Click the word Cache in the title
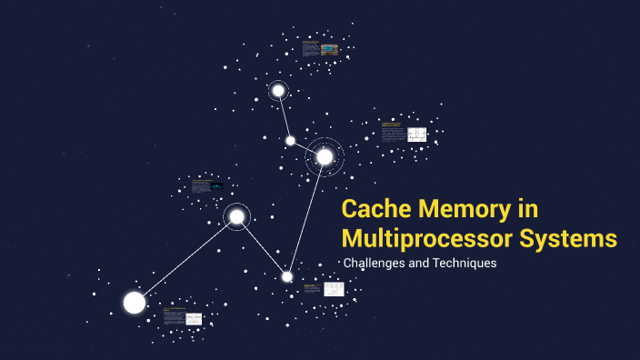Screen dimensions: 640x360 pos(375,210)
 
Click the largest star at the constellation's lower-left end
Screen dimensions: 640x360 pos(135,303)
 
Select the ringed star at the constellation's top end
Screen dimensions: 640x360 pos(278,91)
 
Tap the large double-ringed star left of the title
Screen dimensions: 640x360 pos(325,156)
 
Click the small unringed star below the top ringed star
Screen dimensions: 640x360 pos(290,140)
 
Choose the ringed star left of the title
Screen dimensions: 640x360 pos(237,216)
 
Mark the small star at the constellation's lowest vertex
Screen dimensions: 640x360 pos(287,276)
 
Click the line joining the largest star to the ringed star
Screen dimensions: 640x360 pos(185,260)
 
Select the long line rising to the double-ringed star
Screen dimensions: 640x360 pos(306,215)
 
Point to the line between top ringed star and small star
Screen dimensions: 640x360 pos(284,115)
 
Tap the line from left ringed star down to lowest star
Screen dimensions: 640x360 pos(262,246)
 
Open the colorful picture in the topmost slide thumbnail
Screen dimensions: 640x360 pos(329,48)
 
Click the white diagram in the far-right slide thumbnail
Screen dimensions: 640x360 pos(416,135)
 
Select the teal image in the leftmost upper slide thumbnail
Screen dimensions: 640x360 pos(216,186)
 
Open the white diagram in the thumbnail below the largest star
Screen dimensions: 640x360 pos(193,318)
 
